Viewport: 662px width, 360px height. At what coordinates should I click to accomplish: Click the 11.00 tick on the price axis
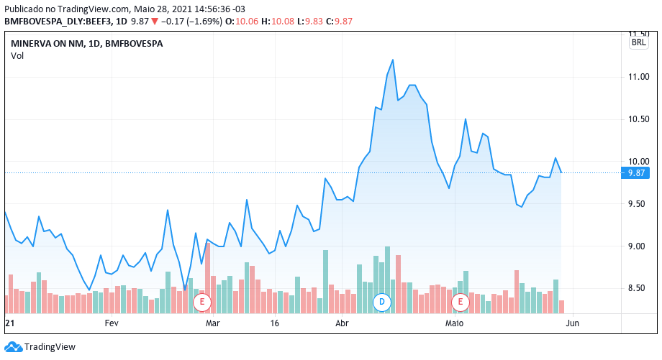(x=639, y=77)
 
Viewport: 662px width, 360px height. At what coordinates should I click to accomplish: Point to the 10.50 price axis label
(x=639, y=119)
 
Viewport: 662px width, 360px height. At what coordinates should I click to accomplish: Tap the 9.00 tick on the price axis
(x=639, y=246)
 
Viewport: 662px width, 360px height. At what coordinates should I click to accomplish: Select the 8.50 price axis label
(x=639, y=289)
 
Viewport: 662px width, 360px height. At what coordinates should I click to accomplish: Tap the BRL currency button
(x=638, y=43)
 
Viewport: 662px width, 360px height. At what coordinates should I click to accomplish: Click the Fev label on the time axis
(x=111, y=323)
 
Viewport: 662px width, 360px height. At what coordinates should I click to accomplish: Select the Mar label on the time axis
(x=212, y=323)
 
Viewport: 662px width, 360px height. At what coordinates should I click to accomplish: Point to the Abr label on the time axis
(x=342, y=323)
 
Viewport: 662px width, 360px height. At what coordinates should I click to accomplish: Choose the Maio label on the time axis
(x=454, y=323)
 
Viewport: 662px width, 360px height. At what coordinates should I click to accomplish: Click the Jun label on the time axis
(x=573, y=323)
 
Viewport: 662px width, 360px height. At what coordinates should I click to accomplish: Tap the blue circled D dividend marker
(x=383, y=302)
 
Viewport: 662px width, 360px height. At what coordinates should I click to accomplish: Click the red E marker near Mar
(x=202, y=302)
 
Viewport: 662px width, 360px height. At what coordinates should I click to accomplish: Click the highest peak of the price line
(x=392, y=60)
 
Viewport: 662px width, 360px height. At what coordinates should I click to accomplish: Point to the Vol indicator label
(x=17, y=56)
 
